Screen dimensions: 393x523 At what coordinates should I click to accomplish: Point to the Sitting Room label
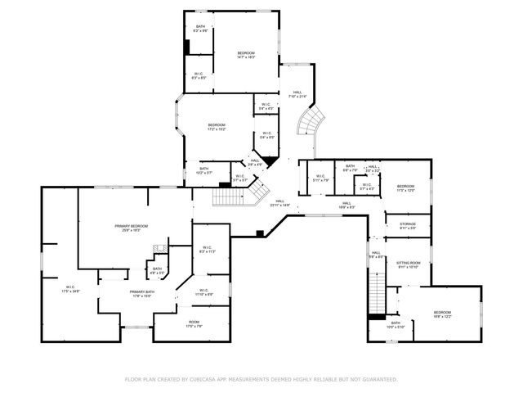tap(407, 264)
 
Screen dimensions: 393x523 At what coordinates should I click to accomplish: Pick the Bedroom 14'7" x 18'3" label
tap(246, 55)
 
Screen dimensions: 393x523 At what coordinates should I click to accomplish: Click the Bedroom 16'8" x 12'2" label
tap(442, 314)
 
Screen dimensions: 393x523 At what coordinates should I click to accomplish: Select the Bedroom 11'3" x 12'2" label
tap(406, 187)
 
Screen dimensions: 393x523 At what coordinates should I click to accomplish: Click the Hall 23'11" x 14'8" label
tap(279, 203)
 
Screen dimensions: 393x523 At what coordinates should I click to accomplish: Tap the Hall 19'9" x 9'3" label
tap(346, 205)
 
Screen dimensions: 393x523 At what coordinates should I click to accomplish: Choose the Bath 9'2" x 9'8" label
tap(201, 29)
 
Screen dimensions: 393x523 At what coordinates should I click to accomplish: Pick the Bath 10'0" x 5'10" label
tap(395, 325)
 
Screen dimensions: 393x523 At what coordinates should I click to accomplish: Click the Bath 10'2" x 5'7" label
tap(203, 170)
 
